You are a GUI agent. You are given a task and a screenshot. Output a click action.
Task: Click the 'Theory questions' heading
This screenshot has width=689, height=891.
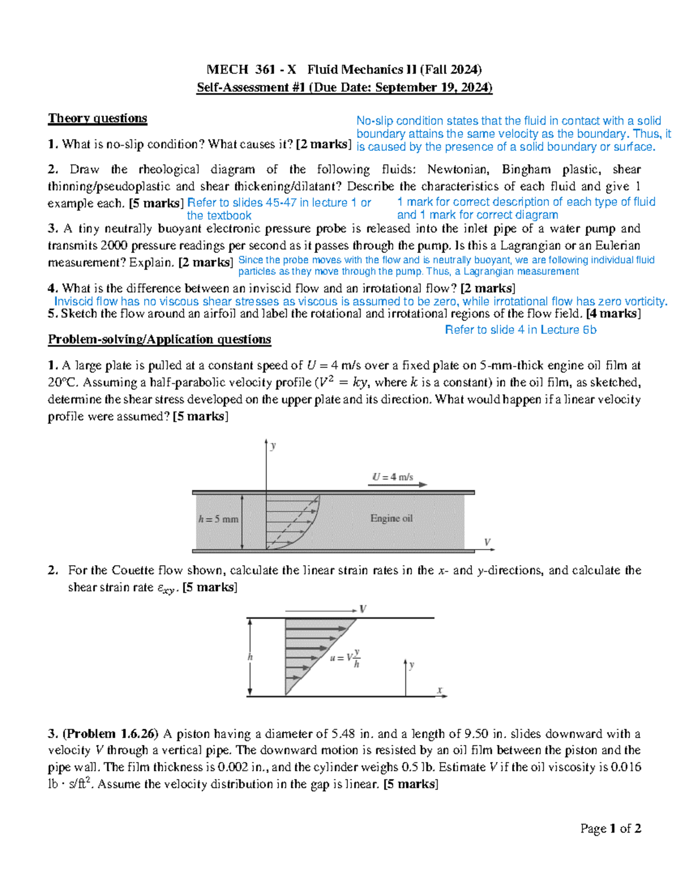98,118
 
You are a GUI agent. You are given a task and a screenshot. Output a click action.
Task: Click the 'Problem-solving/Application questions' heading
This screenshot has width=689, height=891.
159,339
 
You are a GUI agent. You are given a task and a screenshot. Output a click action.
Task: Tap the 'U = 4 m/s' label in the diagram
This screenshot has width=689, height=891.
393,477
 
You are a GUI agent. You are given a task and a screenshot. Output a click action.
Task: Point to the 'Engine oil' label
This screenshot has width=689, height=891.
391,518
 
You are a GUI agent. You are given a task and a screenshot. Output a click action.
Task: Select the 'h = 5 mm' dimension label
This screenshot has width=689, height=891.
218,519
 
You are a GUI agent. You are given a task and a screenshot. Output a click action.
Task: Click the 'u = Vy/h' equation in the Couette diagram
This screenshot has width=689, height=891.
345,658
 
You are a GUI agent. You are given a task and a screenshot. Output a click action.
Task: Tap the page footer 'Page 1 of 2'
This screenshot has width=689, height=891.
610,828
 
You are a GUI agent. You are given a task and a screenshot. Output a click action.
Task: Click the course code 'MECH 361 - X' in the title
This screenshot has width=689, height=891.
251,70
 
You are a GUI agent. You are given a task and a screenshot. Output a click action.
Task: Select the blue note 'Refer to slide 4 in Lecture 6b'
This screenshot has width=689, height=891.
520,330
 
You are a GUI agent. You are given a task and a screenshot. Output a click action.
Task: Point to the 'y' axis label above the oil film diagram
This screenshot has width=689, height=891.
273,445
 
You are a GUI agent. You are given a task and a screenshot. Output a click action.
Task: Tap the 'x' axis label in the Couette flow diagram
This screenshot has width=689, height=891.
440,690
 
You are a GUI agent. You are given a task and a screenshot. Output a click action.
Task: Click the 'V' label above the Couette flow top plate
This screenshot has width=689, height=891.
363,609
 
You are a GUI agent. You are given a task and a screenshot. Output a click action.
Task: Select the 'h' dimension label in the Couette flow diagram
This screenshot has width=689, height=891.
250,657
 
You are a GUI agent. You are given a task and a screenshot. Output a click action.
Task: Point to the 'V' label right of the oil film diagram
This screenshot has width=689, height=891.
487,542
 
